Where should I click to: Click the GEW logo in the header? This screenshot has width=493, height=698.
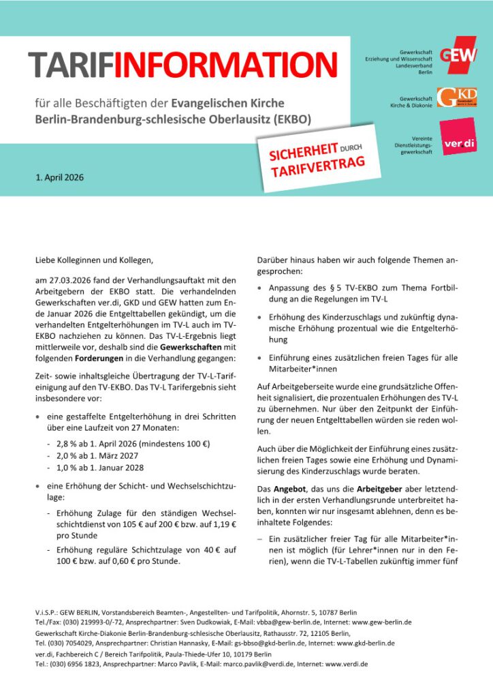click(x=458, y=57)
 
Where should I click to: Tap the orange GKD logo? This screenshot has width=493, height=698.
click(x=457, y=97)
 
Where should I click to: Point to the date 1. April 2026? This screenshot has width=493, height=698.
click(x=60, y=178)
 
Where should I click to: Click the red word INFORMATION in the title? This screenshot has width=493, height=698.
click(x=225, y=65)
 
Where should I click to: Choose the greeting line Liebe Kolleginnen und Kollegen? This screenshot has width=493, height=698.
click(x=95, y=260)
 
